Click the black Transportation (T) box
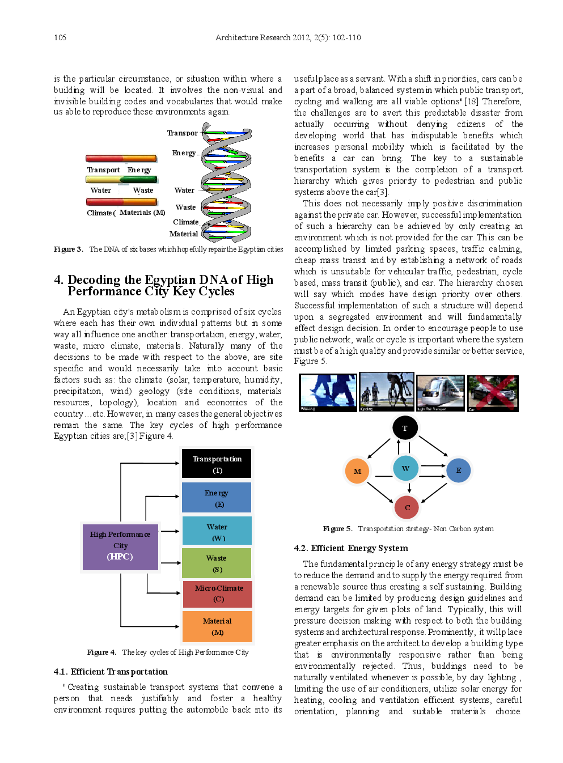[217, 464]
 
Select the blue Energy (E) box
[217, 498]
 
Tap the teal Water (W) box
[217, 531]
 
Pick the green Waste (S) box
[217, 563]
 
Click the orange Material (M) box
[217, 626]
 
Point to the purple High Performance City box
[120, 546]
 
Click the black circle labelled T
[404, 428]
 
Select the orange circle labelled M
[357, 471]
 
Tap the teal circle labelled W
[405, 468]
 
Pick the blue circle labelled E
[458, 470]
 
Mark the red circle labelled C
[407, 507]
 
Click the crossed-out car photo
[493, 393]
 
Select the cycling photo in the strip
[386, 392]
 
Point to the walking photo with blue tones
[328, 392]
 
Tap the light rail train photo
[441, 392]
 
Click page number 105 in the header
[60, 38]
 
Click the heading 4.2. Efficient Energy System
[350, 548]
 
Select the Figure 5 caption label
[337, 529]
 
